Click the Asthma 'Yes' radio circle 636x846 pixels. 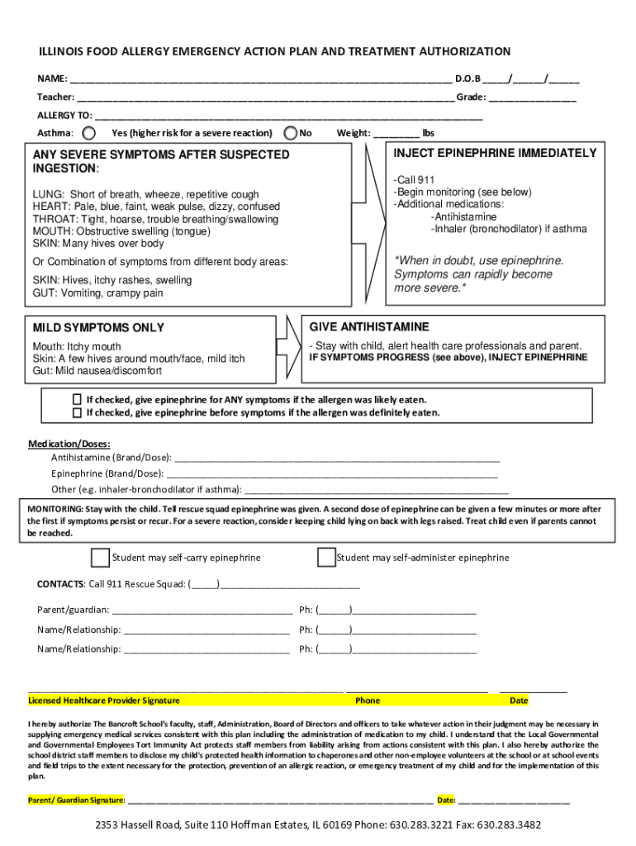(89, 133)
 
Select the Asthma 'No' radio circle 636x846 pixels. (290, 133)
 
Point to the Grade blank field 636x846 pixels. (532, 98)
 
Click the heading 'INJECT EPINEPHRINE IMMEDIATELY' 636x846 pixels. (495, 154)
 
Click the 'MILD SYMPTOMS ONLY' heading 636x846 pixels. (98, 328)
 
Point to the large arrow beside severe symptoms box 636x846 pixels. (374, 222)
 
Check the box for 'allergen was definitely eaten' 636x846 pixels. (78, 412)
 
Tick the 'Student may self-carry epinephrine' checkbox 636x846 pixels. (100, 558)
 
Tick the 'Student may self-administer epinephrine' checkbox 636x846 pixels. (326, 558)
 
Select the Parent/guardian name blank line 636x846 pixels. (202, 611)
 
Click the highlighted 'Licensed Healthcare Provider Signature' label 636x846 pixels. (104, 701)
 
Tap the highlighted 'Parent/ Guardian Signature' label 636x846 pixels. (77, 800)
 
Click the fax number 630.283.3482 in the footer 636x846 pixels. (509, 825)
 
